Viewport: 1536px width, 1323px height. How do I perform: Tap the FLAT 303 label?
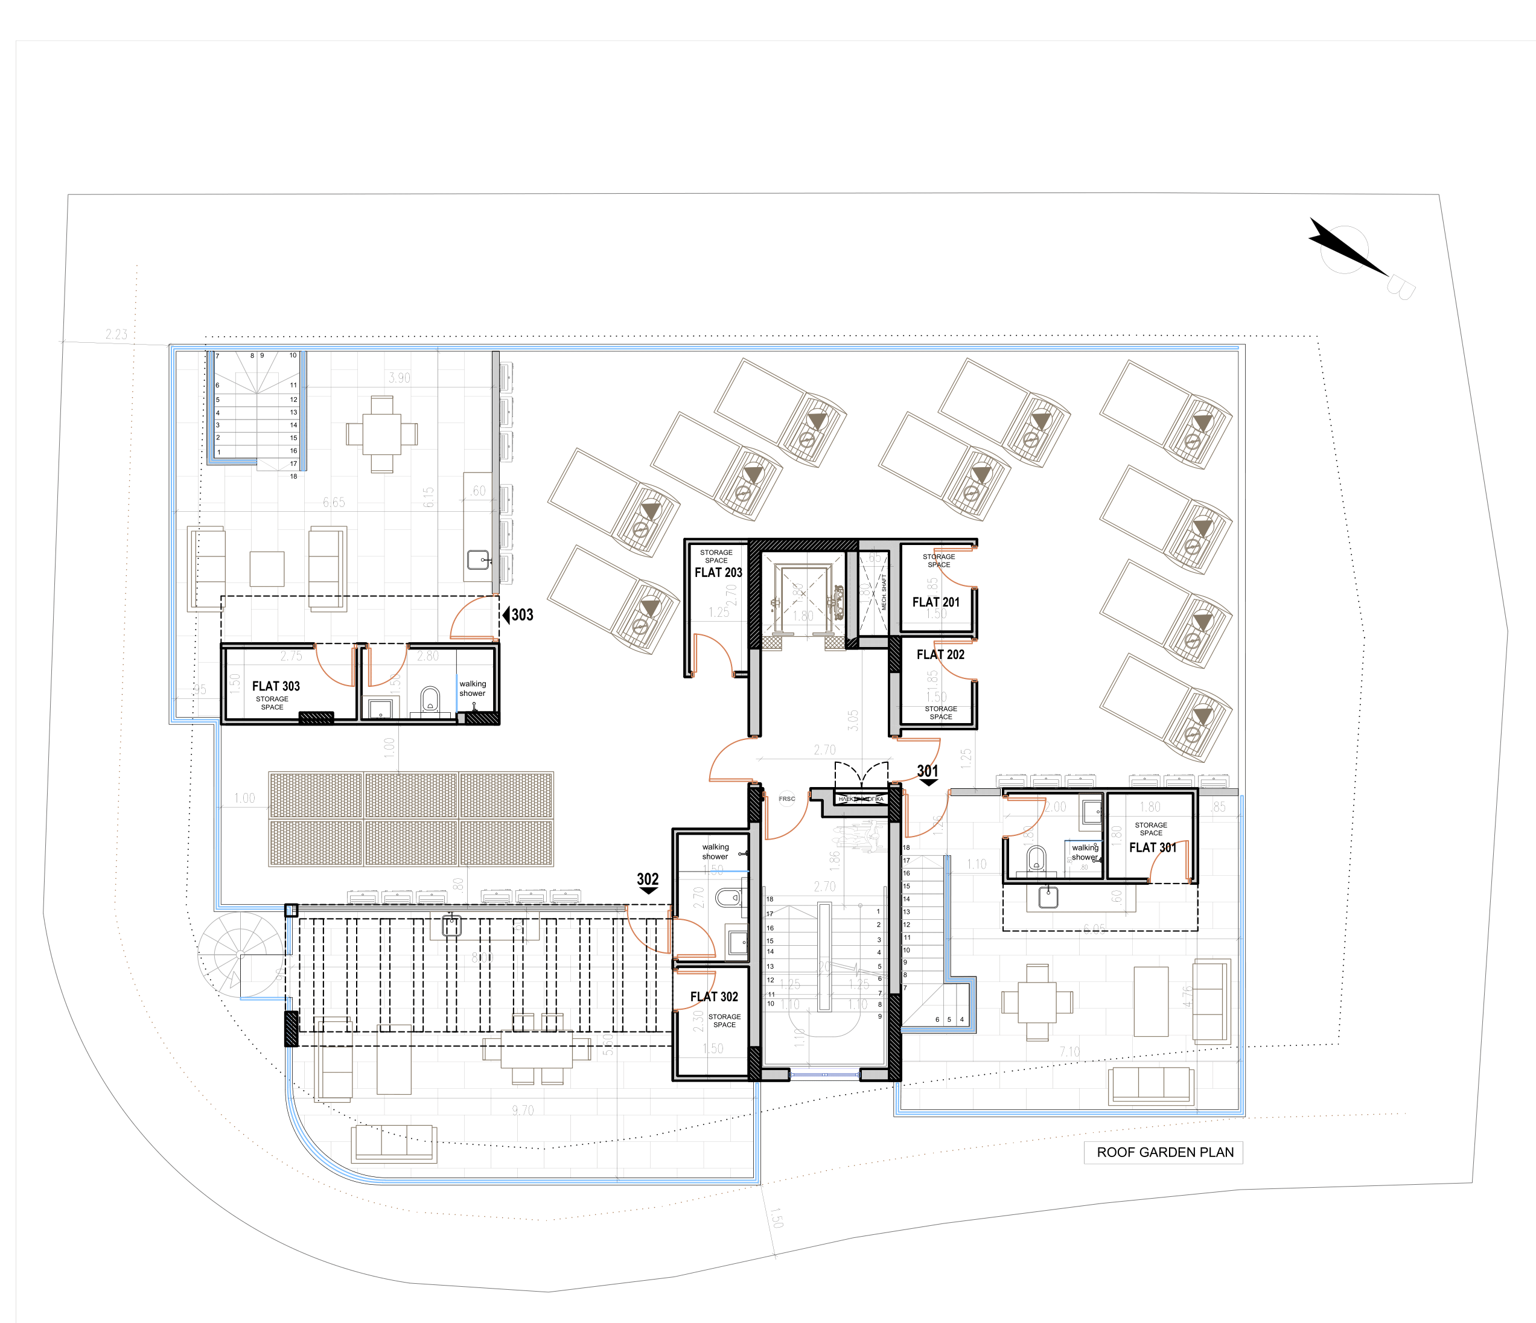[x=276, y=686]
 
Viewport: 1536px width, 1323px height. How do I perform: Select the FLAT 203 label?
[x=718, y=572]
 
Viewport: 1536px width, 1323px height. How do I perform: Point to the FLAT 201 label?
[x=935, y=602]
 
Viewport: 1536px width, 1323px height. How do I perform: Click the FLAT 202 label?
[x=940, y=654]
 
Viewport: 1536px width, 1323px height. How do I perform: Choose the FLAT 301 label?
[x=1152, y=847]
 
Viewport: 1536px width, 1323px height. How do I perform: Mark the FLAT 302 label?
[x=714, y=997]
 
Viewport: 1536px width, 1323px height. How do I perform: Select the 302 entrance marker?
[x=648, y=881]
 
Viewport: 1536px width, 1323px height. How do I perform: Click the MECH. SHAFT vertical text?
[x=884, y=591]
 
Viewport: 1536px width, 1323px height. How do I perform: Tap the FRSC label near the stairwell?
[x=786, y=799]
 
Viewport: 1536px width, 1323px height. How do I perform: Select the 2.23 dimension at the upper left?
[x=116, y=334]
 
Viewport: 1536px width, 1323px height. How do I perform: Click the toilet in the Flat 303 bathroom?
[x=430, y=699]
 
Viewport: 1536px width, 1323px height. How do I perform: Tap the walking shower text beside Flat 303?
[x=472, y=689]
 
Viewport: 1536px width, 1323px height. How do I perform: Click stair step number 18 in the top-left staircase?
[x=293, y=477]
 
